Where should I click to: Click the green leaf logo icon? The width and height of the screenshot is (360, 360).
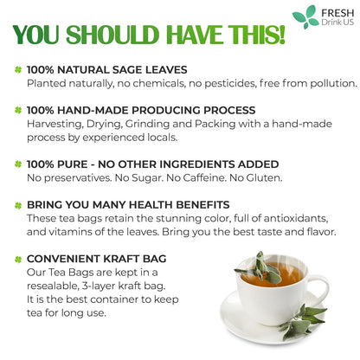pos(305,16)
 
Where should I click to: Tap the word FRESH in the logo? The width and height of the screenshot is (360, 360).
pos(335,11)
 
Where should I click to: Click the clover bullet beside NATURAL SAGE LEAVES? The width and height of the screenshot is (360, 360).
pos(17,68)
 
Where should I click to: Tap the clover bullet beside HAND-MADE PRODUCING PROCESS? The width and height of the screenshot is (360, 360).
pos(17,110)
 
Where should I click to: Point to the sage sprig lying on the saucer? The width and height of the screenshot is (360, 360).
pos(303,322)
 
